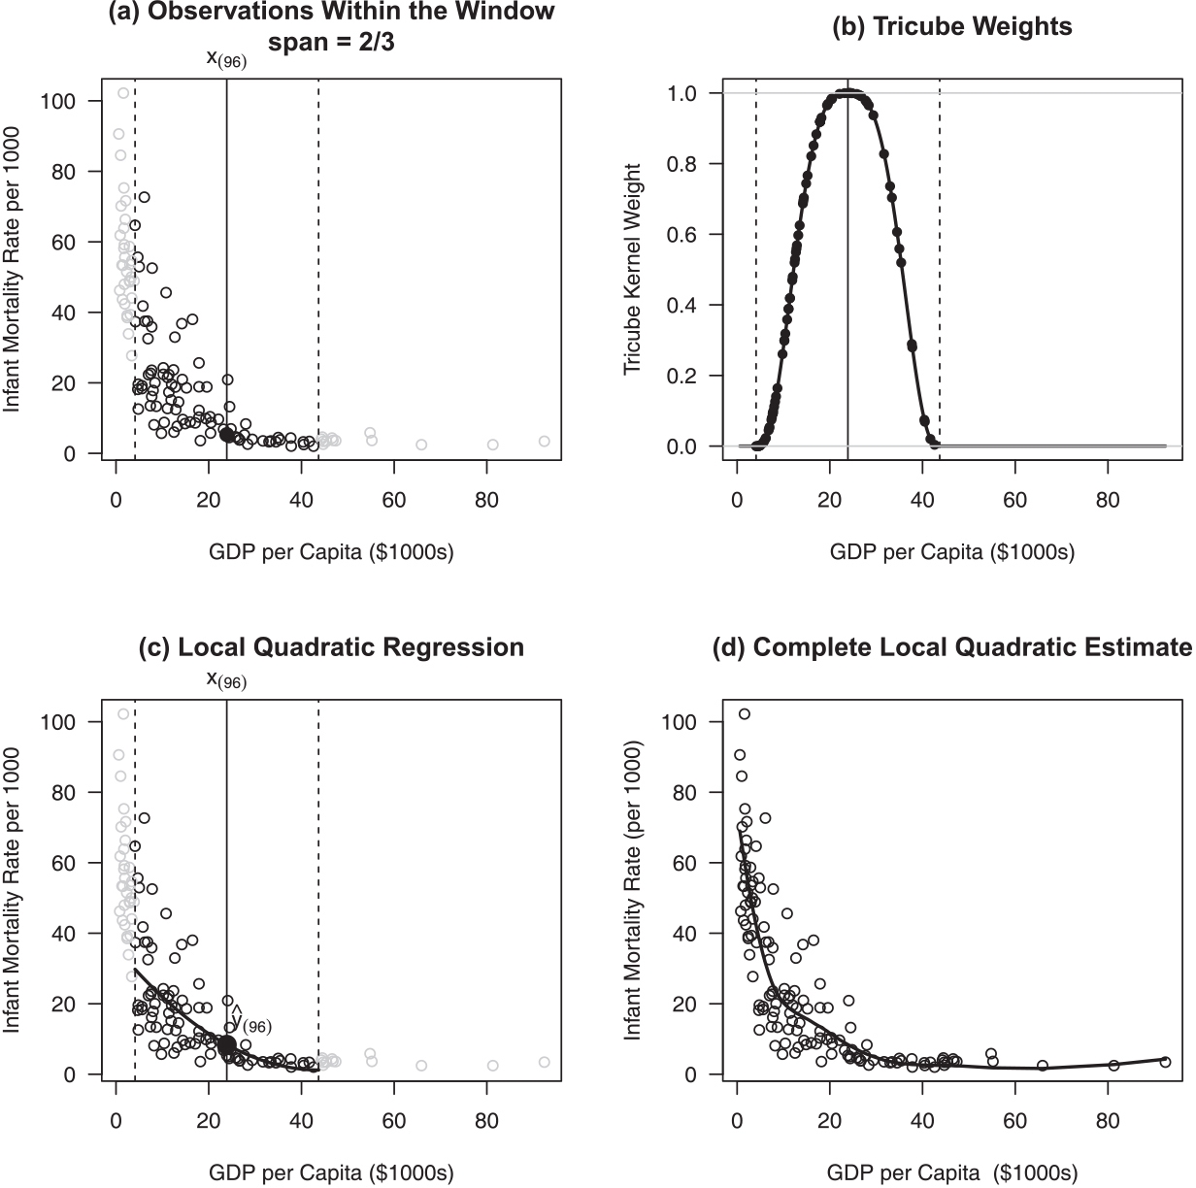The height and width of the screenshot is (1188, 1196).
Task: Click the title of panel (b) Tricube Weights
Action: pos(952,26)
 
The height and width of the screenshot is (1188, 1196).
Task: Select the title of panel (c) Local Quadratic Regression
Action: pos(331,647)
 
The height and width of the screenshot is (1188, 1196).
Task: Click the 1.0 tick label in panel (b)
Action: pos(681,93)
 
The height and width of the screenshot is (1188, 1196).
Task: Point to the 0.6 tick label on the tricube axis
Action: pos(681,235)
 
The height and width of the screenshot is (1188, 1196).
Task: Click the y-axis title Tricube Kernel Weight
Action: pos(634,270)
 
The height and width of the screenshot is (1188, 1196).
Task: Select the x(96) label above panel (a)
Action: pos(226,59)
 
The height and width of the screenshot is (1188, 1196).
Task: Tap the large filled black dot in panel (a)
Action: pos(227,435)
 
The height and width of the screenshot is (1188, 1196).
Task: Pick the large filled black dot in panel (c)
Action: pos(227,1045)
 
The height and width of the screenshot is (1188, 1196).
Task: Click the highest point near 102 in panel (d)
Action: pos(745,714)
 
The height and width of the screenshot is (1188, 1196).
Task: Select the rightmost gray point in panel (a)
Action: pos(544,442)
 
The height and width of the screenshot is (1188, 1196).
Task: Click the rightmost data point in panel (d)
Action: pos(1165,1062)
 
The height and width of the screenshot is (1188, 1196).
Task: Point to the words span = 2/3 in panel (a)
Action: pos(331,43)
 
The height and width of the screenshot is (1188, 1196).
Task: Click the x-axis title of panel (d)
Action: pos(952,1172)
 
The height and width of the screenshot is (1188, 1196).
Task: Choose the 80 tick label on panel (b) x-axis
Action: pos(1107,501)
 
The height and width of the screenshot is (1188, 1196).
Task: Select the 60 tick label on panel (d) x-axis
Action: pos(1014,1122)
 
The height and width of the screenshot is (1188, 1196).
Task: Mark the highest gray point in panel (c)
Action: pos(123,714)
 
